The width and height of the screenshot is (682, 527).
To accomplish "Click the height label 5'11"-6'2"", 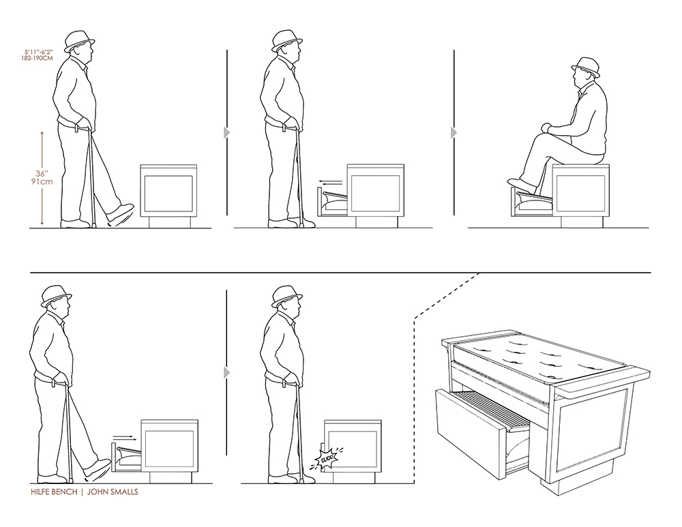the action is click(x=38, y=52).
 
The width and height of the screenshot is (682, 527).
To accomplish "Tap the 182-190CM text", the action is click(x=37, y=58).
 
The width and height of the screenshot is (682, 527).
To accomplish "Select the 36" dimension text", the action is click(x=42, y=173).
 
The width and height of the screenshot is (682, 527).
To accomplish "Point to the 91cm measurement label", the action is click(x=42, y=182).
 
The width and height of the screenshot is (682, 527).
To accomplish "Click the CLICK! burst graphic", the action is click(x=326, y=458).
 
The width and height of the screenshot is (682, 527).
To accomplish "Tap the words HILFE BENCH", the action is click(x=53, y=492).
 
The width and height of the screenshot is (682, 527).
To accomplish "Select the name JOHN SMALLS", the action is click(x=113, y=492).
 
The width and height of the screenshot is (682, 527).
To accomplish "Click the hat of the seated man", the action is click(x=586, y=67).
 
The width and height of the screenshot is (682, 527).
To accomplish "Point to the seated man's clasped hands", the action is click(x=546, y=128).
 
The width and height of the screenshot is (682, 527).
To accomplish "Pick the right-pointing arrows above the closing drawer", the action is click(x=122, y=437).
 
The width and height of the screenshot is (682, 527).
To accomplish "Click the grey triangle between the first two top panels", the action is click(x=226, y=132).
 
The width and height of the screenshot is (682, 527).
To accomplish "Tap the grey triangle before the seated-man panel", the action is click(x=454, y=132).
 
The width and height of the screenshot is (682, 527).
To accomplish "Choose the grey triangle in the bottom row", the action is click(x=226, y=373).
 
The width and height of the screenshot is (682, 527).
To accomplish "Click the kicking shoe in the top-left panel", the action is click(x=121, y=213).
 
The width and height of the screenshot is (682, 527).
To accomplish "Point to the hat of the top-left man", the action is click(x=78, y=41).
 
